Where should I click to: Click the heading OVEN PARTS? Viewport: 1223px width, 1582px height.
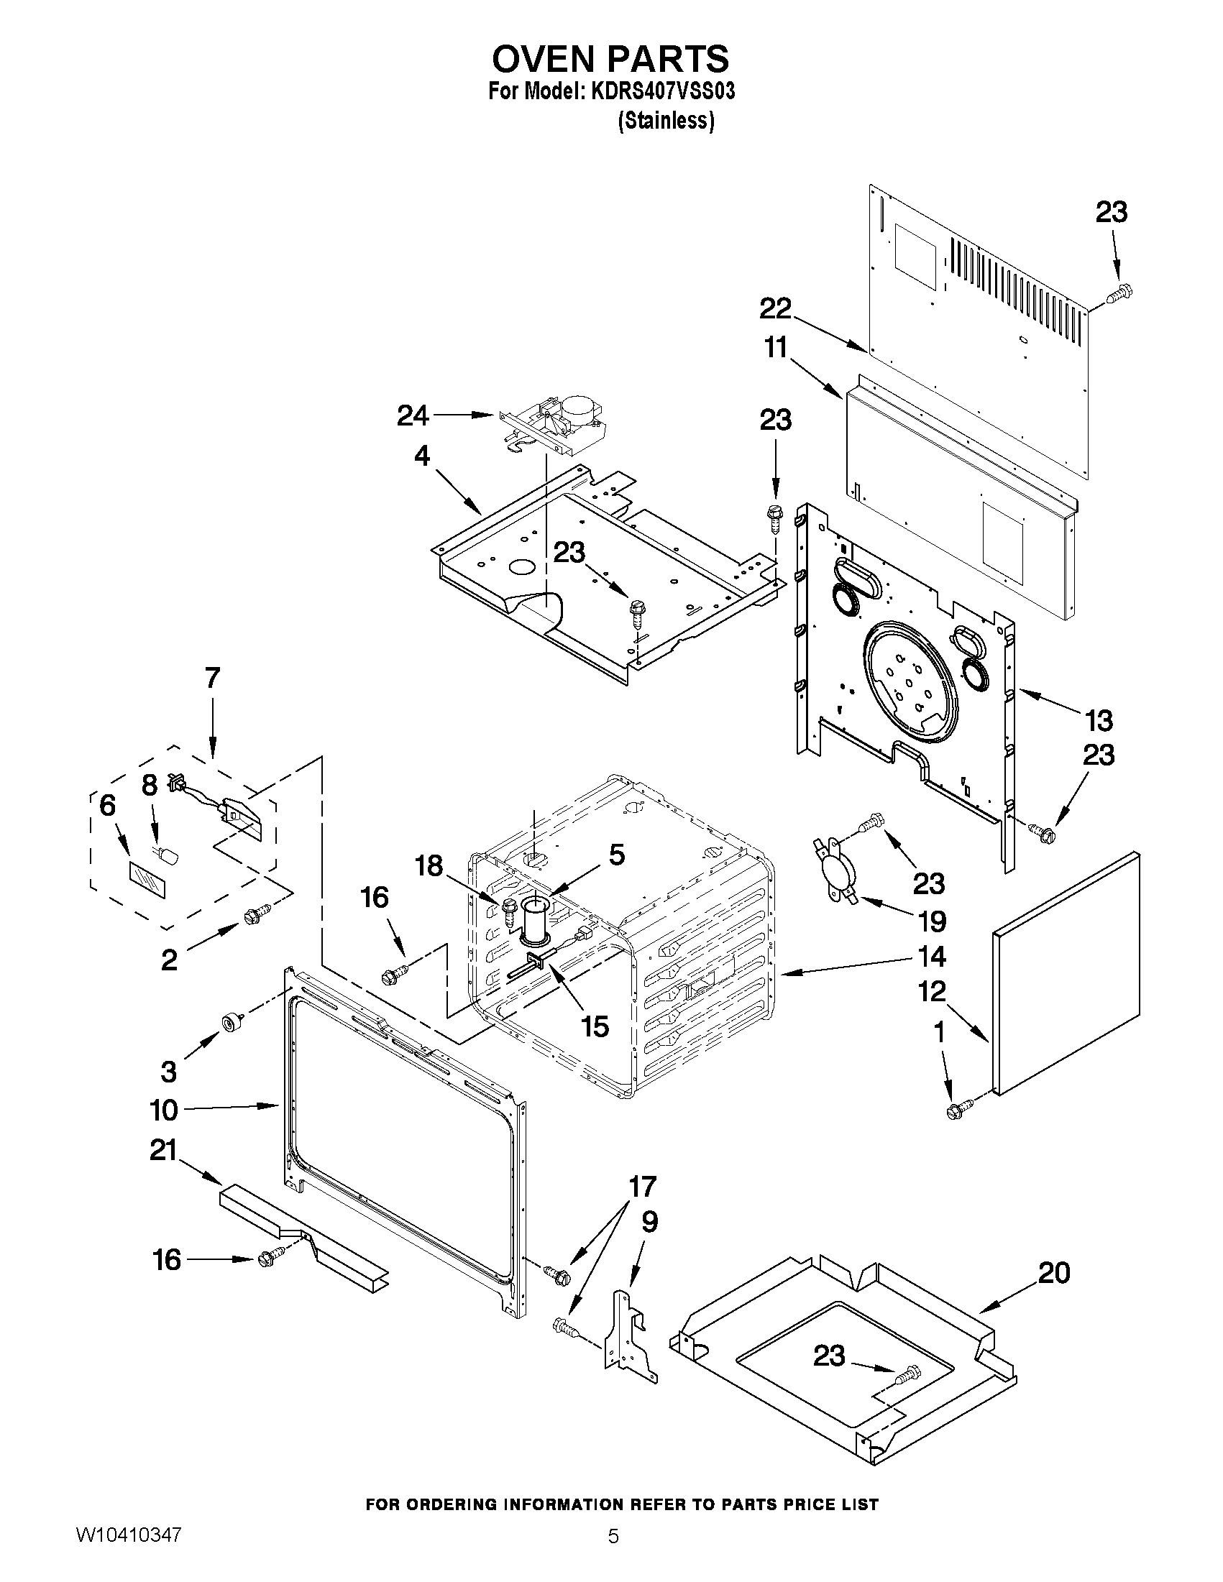pyautogui.click(x=610, y=60)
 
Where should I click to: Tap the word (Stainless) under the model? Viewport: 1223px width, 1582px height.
pyautogui.click(x=665, y=120)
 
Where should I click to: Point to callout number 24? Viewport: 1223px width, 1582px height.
pyautogui.click(x=413, y=415)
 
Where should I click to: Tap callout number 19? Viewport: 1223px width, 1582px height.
pyautogui.click(x=932, y=921)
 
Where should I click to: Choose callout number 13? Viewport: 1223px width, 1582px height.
pyautogui.click(x=1099, y=721)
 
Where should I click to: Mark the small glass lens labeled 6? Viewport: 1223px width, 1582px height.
pyautogui.click(x=147, y=880)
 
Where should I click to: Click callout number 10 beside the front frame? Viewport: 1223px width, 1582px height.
pyautogui.click(x=165, y=1109)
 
